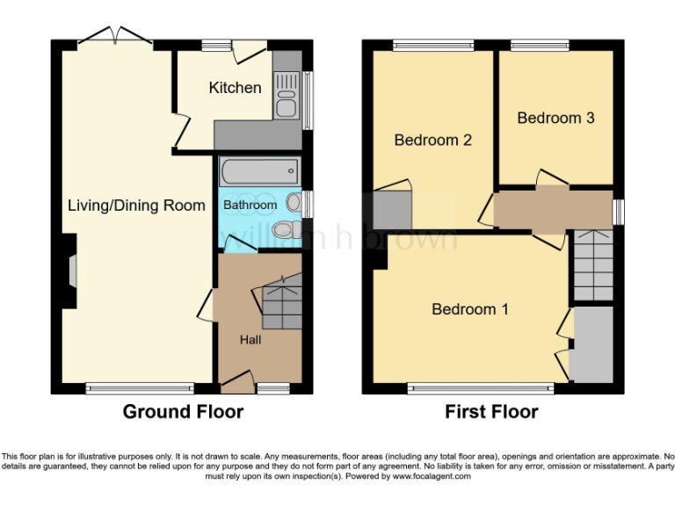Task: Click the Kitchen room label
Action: coord(235,88)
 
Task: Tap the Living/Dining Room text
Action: coord(136,206)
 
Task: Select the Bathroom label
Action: coord(250,205)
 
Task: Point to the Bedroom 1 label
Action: coord(469,309)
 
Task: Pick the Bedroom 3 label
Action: coord(556,118)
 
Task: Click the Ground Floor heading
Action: coord(183,411)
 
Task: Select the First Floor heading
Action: coord(491,411)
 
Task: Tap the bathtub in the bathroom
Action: coord(258,171)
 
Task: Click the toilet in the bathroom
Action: coord(284,230)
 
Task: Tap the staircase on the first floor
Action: coord(592,265)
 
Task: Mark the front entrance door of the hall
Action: coord(235,380)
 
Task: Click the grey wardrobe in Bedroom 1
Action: coord(592,344)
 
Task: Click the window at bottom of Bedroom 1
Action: coord(481,387)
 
